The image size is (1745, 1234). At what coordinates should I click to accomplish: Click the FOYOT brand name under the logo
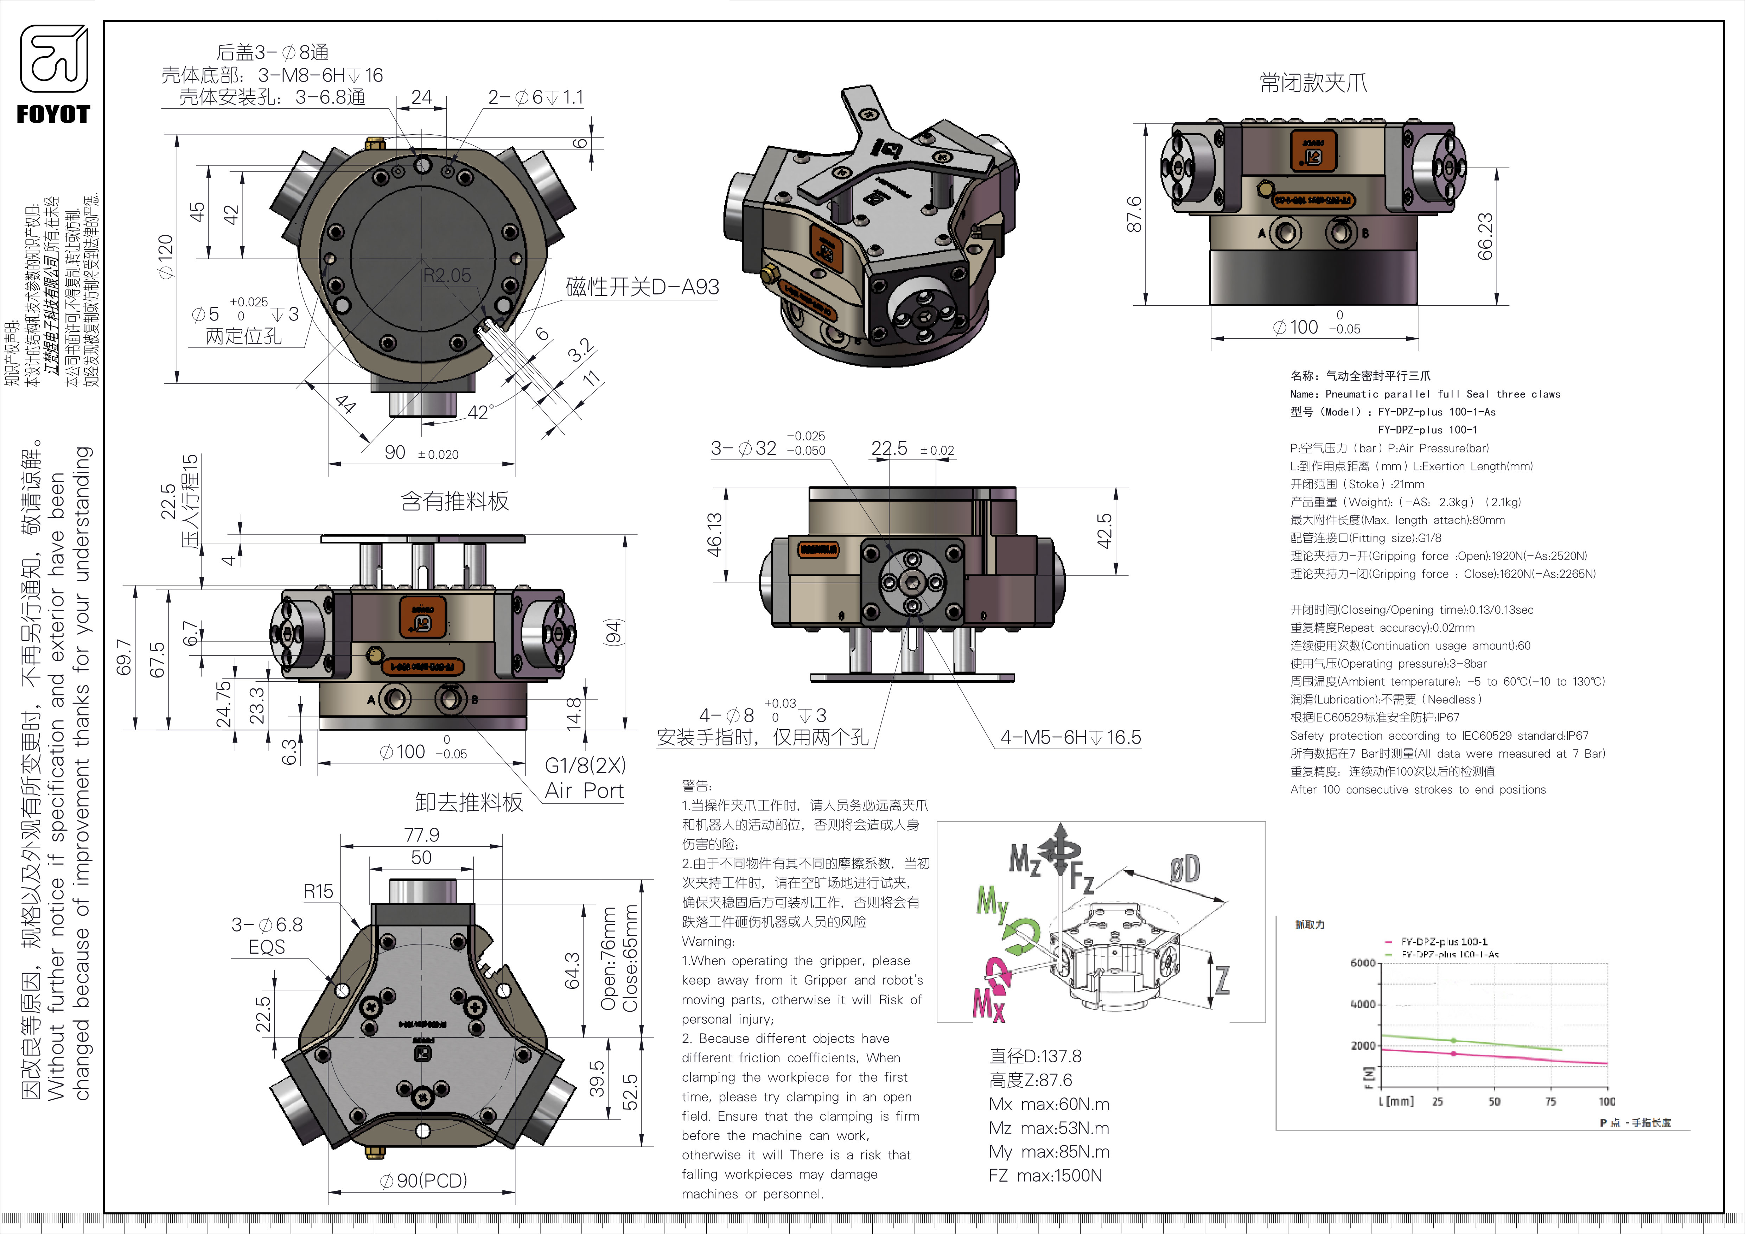tap(53, 115)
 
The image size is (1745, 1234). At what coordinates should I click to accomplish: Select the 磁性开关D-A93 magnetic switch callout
tap(642, 287)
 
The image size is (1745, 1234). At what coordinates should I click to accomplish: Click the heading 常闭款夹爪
tap(1313, 83)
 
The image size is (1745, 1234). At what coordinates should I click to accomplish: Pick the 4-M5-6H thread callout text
tap(1070, 737)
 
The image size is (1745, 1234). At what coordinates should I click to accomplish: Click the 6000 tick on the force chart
tap(1363, 963)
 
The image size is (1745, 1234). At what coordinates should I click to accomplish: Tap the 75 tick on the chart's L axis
tap(1550, 1101)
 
